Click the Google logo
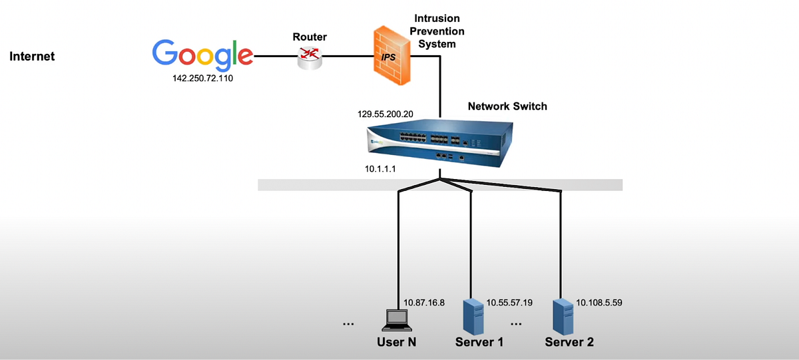click(x=202, y=55)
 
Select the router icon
click(x=309, y=59)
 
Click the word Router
click(x=310, y=37)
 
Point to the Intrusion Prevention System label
click(x=437, y=31)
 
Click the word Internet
click(x=32, y=57)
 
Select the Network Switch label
click(x=507, y=106)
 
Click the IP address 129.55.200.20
click(x=386, y=114)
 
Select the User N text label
click(x=396, y=343)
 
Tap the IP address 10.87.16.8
click(x=424, y=302)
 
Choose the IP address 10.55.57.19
click(x=510, y=302)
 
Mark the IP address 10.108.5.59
click(x=599, y=302)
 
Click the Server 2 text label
click(x=569, y=343)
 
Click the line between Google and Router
click(x=275, y=57)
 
